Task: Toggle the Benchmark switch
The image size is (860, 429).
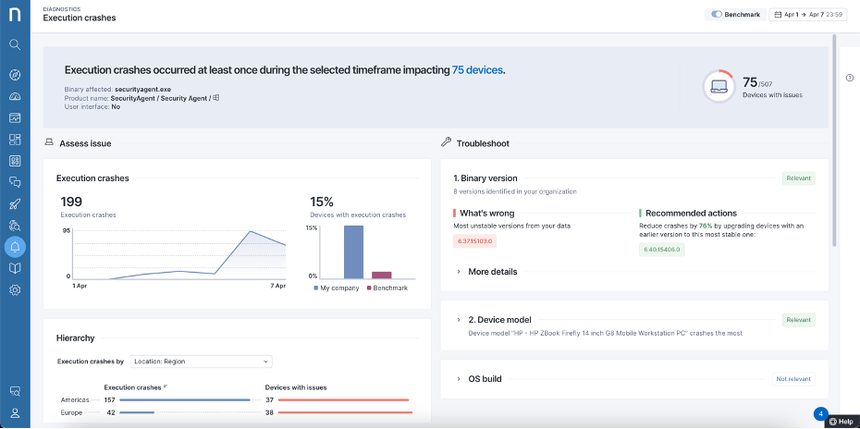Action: pos(718,15)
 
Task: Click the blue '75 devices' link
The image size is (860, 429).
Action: pos(478,70)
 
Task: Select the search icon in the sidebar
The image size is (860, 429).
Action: pos(15,43)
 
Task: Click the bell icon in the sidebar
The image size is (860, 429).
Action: pos(15,246)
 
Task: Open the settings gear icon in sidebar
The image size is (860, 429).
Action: pos(15,290)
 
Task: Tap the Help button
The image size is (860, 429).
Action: pos(841,422)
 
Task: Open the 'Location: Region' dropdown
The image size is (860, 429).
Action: pos(202,361)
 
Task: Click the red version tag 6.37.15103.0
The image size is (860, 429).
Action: pos(475,240)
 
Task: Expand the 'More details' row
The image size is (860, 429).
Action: pos(492,272)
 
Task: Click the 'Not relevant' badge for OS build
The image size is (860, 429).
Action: pos(793,379)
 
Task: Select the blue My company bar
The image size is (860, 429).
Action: pos(353,252)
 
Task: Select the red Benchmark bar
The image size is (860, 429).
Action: pos(381,275)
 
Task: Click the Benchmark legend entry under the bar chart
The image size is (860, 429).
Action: pos(388,288)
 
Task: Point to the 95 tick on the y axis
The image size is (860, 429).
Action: pos(67,230)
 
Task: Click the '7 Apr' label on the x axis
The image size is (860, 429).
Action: pos(276,287)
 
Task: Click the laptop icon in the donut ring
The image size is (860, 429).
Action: pos(719,87)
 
